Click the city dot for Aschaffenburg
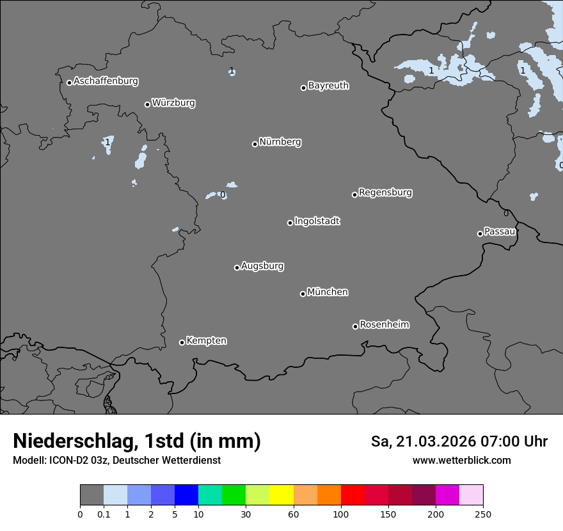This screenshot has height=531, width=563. pyautogui.click(x=69, y=83)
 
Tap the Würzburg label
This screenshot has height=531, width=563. pyautogui.click(x=173, y=102)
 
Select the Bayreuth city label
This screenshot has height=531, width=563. pyautogui.click(x=328, y=86)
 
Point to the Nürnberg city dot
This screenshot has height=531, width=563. pyautogui.click(x=255, y=144)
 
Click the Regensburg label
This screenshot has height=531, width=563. pyautogui.click(x=385, y=193)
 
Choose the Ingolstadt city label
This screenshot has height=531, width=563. pyautogui.click(x=317, y=221)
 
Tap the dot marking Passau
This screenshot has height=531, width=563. pyautogui.click(x=480, y=234)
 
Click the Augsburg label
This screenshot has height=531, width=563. pyautogui.click(x=262, y=266)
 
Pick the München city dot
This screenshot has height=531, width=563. pyautogui.click(x=303, y=294)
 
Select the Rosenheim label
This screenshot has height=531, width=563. pyautogui.click(x=384, y=324)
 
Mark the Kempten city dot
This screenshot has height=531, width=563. pyautogui.click(x=182, y=342)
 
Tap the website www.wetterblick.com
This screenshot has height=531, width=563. pyautogui.click(x=461, y=461)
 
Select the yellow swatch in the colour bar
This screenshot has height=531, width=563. pyautogui.click(x=281, y=495)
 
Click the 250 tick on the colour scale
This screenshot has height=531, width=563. pyautogui.click(x=483, y=514)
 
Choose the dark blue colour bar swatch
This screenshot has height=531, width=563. pyautogui.click(x=186, y=495)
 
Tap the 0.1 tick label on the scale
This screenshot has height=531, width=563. pyautogui.click(x=104, y=514)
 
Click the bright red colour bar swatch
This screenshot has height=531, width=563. pyautogui.click(x=353, y=495)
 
